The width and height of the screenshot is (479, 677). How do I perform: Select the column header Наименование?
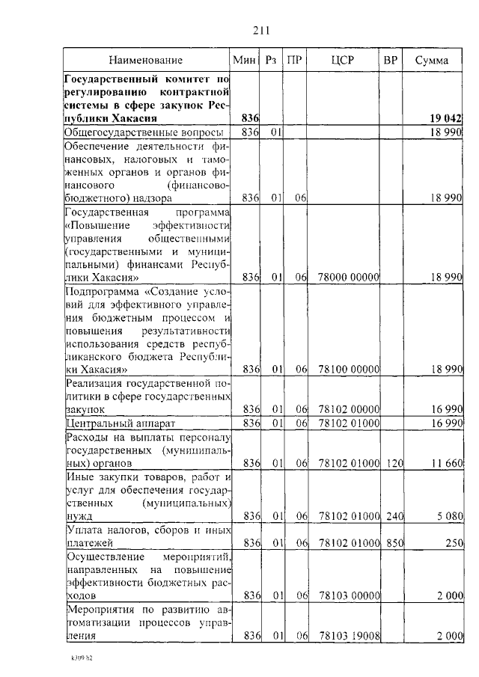145,60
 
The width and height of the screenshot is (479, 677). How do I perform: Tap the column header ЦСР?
344,60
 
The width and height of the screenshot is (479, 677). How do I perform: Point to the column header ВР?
390,60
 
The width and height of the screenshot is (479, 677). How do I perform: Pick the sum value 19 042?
445,118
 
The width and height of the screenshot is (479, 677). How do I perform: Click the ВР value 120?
391,465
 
